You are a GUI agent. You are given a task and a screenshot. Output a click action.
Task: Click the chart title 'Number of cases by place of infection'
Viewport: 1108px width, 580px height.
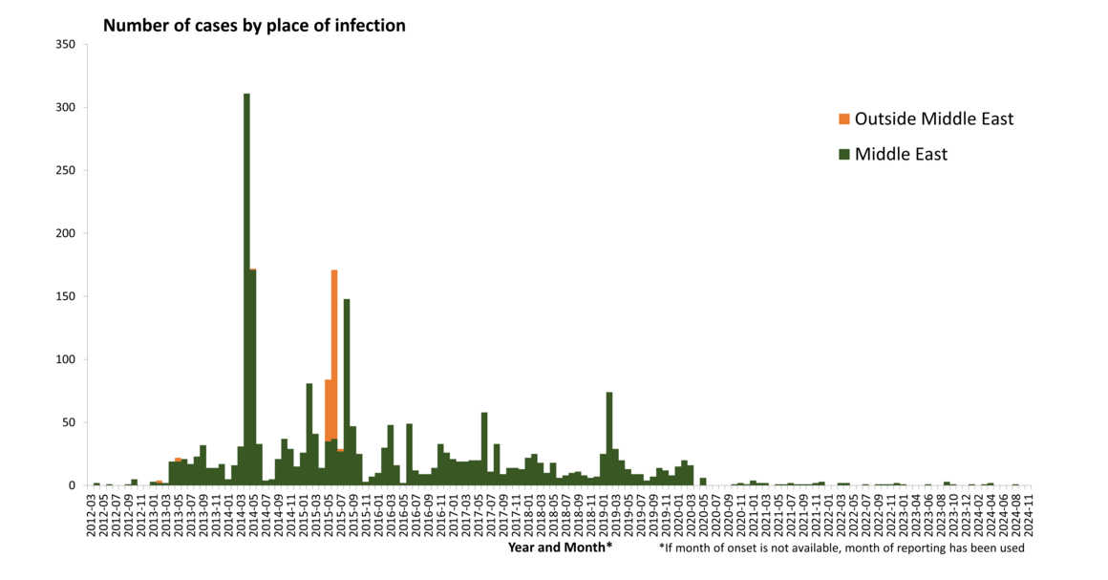click(x=254, y=26)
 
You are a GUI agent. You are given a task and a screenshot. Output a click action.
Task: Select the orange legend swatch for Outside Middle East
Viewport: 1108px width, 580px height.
click(x=843, y=119)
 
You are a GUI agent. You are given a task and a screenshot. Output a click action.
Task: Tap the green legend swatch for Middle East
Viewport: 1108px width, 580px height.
click(x=843, y=155)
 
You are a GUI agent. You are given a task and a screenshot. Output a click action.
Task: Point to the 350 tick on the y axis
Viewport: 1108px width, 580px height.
click(x=66, y=45)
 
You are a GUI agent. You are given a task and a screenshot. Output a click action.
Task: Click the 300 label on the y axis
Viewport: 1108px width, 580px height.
click(x=66, y=108)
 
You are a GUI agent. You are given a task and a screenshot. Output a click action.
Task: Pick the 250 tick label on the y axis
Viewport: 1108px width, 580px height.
click(x=66, y=171)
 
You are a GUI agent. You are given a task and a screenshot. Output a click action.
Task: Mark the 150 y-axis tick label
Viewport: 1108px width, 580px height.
click(x=66, y=296)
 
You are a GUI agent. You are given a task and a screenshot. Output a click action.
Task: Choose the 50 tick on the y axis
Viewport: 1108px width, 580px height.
click(x=70, y=422)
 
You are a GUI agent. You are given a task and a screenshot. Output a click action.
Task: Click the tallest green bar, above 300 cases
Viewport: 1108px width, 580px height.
click(x=246, y=287)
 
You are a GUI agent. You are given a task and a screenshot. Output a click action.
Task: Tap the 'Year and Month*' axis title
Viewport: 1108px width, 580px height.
click(x=560, y=548)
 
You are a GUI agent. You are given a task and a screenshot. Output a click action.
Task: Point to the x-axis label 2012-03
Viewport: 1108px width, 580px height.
click(x=92, y=513)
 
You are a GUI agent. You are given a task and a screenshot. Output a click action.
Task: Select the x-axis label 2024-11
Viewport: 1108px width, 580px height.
click(x=1030, y=513)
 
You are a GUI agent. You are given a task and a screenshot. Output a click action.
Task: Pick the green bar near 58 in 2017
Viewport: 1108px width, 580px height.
click(x=484, y=449)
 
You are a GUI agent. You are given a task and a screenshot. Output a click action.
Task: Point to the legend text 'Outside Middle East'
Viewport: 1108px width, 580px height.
click(x=933, y=119)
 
